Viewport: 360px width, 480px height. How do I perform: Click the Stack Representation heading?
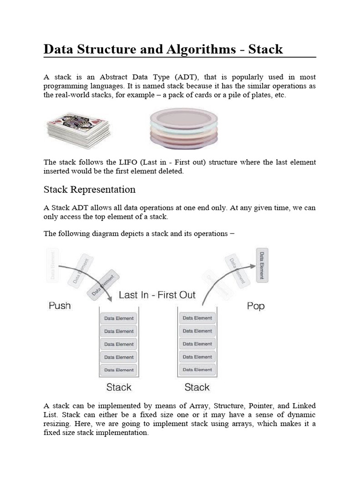[90, 190]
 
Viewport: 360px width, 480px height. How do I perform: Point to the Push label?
[60, 306]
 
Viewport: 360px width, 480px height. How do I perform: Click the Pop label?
[255, 306]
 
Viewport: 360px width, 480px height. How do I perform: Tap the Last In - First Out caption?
[157, 295]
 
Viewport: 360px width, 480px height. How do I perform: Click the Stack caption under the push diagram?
[119, 387]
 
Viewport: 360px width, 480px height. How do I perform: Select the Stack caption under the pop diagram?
[197, 387]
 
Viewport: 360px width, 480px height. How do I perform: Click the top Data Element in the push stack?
[119, 318]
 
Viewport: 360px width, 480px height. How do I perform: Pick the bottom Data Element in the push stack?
[119, 370]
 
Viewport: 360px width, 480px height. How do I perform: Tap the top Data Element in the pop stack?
[197, 318]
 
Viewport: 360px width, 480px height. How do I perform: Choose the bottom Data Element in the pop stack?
[197, 369]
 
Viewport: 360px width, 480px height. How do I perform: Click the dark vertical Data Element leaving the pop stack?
[262, 265]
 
